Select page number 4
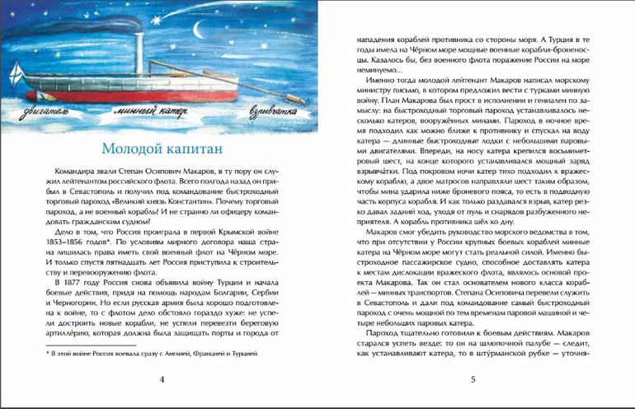[162, 380]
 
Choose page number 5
[473, 380]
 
